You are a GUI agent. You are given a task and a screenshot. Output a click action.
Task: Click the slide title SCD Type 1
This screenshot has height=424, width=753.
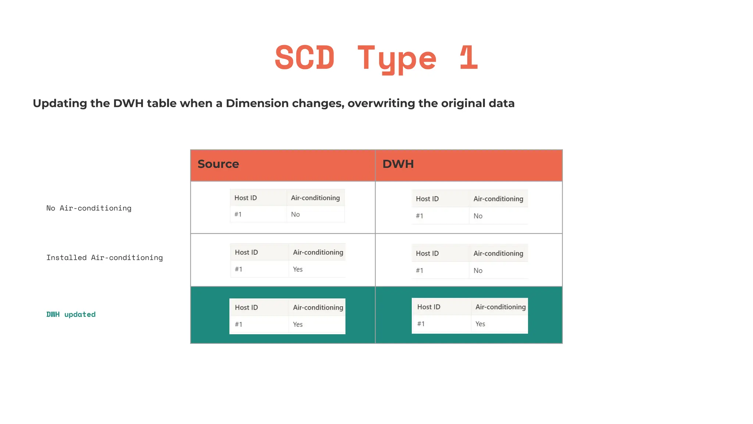coord(376,58)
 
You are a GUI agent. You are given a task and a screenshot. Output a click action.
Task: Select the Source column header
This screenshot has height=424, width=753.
coord(218,164)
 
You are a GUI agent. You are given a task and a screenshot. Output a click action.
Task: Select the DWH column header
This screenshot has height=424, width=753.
coord(398,164)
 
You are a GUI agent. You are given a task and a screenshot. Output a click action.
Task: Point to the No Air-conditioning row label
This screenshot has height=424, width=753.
coord(89,208)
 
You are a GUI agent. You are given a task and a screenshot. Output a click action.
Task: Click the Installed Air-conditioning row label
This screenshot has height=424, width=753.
coord(104,258)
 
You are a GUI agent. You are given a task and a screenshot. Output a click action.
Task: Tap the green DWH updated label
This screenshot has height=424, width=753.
coord(71,314)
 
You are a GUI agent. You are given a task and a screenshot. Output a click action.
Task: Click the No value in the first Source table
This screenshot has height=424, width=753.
coord(295,215)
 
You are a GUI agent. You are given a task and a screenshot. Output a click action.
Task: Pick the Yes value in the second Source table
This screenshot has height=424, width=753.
coord(297,269)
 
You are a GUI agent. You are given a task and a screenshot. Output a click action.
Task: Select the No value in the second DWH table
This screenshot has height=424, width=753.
coord(478,271)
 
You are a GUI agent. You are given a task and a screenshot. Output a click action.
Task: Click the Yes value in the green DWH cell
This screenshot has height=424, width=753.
coord(480,324)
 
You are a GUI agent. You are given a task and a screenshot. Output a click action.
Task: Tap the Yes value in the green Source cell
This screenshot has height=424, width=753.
coord(297,325)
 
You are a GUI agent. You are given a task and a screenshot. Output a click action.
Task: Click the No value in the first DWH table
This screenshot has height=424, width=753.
coord(478,216)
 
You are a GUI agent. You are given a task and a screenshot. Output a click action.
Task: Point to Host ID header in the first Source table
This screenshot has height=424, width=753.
coord(246,198)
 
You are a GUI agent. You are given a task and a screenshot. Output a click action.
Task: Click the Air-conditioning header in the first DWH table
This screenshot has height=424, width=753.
coord(498,199)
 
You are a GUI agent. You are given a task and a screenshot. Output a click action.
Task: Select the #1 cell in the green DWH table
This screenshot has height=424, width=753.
coord(421,324)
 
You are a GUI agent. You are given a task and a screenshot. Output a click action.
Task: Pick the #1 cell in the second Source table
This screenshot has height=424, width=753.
coord(239,269)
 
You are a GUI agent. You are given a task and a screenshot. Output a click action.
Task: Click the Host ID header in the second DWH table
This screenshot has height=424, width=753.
coord(427,254)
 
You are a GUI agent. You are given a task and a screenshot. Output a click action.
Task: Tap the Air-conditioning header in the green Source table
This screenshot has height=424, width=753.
coord(318,308)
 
